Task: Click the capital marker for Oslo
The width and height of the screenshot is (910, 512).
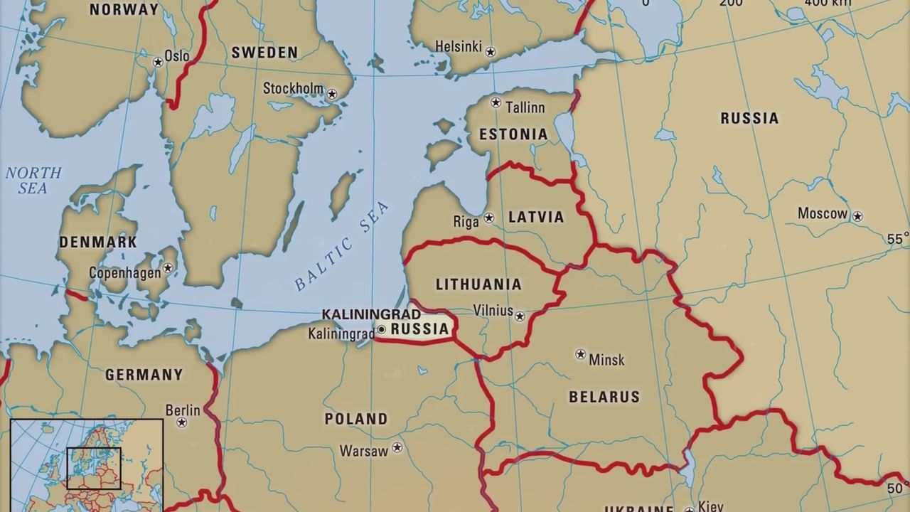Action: [159, 62]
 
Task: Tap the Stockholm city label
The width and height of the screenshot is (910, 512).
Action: [292, 89]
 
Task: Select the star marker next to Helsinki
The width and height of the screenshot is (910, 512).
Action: [490, 52]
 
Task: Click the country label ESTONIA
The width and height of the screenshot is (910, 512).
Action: [513, 134]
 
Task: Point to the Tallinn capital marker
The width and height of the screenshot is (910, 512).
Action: [496, 102]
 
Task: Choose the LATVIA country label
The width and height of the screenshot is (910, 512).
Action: [536, 217]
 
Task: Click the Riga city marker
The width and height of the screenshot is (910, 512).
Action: [489, 218]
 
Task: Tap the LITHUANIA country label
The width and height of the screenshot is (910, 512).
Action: [478, 284]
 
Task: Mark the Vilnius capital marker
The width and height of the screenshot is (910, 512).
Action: [520, 316]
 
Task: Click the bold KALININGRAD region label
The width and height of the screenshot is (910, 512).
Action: [371, 314]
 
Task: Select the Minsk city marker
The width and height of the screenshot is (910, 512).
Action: [581, 354]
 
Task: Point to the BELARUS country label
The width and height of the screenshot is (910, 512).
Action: [604, 397]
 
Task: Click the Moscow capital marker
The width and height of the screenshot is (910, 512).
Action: [858, 216]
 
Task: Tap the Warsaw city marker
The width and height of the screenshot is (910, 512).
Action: [397, 447]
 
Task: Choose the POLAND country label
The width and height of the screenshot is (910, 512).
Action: [356, 419]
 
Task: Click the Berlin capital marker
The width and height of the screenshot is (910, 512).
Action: [182, 422]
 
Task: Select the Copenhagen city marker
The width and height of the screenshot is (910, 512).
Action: [168, 268]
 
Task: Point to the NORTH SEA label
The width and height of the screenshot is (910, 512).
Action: [33, 181]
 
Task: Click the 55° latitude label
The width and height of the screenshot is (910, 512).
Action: [897, 240]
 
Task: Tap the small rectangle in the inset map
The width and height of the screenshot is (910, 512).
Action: [94, 468]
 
